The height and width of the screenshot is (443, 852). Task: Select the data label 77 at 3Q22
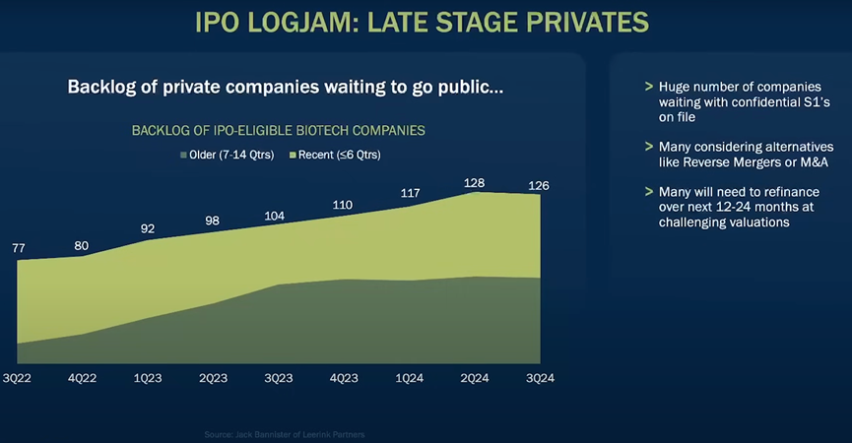tap(18, 248)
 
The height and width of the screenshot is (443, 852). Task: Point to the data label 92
tap(148, 229)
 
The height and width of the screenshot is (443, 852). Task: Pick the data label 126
tap(539, 185)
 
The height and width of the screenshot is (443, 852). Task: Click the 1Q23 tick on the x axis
tap(148, 379)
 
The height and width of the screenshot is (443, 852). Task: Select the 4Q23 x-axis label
tap(344, 379)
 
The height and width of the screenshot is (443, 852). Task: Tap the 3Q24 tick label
tap(540, 379)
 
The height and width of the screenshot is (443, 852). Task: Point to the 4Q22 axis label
tap(83, 379)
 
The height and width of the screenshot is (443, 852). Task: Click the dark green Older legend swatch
tap(182, 155)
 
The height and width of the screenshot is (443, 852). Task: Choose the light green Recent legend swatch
tap(293, 155)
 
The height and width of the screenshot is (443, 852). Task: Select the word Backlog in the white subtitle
tap(102, 87)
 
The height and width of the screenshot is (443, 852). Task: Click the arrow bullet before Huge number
tap(648, 86)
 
